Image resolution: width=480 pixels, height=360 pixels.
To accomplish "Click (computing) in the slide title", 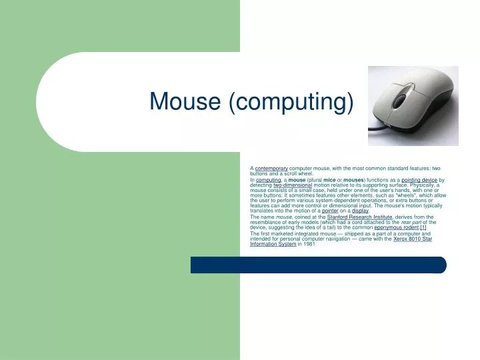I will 290,102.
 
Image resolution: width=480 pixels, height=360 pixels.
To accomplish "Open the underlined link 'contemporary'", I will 271,169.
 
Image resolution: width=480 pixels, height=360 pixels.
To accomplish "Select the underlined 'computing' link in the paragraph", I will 269,180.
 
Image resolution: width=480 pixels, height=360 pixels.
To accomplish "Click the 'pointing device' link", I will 419,180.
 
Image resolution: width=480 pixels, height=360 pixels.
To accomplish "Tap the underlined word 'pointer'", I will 330,211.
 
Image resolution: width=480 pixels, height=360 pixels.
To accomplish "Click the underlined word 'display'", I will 360,211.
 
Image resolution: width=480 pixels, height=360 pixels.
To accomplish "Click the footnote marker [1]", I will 423,227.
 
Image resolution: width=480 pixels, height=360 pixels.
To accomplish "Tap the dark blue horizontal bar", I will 318,265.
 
